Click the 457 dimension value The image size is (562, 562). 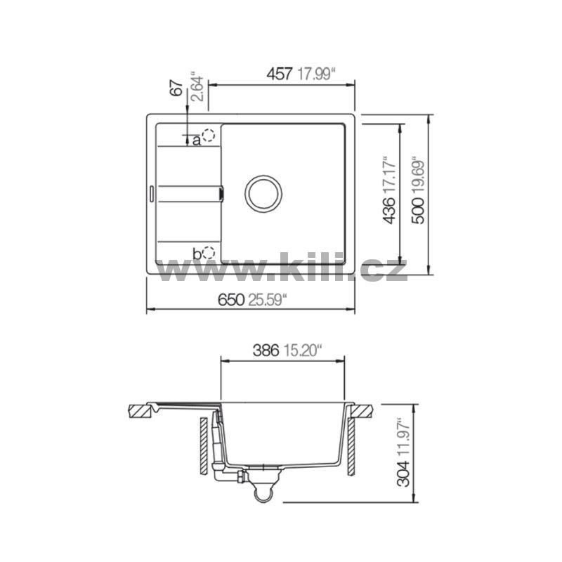click(280, 74)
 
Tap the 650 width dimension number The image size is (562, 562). click(231, 300)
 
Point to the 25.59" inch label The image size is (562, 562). click(268, 300)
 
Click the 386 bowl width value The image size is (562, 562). click(266, 351)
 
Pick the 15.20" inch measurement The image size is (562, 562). click(302, 351)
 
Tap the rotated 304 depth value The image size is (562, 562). click(404, 473)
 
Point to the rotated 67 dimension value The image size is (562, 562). click(176, 89)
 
